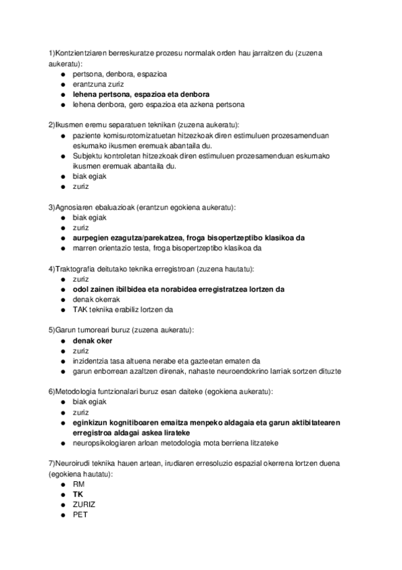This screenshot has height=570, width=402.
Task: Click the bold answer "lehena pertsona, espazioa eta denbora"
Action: pyautogui.click(x=141, y=95)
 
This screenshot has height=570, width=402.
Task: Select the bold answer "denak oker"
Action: pyautogui.click(x=93, y=341)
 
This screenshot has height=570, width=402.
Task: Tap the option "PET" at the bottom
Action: pyautogui.click(x=80, y=516)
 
